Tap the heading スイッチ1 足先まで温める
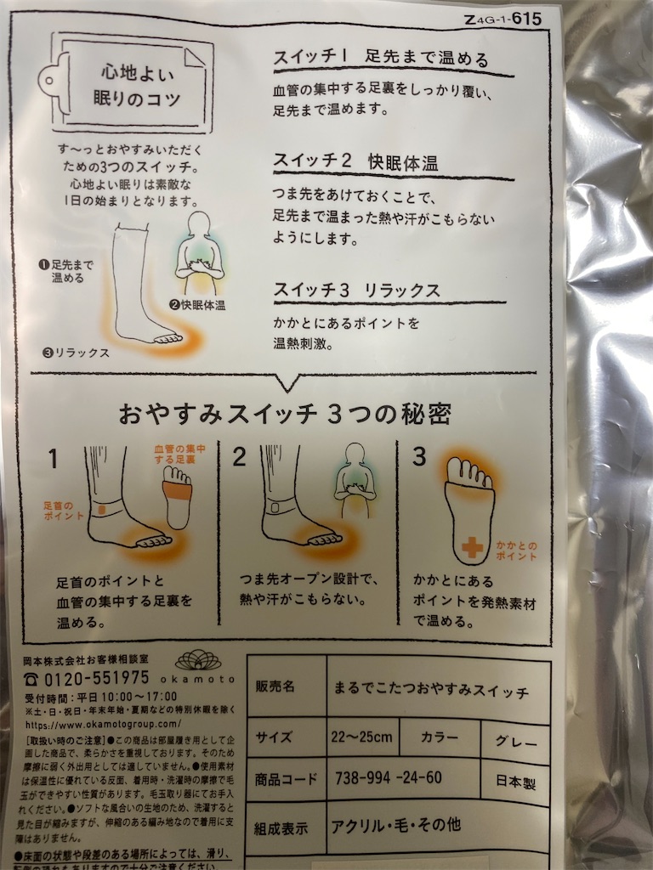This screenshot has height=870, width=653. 379,59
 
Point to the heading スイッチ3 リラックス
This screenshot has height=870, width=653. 356,290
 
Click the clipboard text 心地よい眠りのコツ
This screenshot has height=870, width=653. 136,84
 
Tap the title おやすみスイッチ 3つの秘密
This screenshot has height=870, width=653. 285,414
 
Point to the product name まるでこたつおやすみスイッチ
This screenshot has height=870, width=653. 432,689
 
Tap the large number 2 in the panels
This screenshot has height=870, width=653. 239,457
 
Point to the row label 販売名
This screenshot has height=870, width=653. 275,686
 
